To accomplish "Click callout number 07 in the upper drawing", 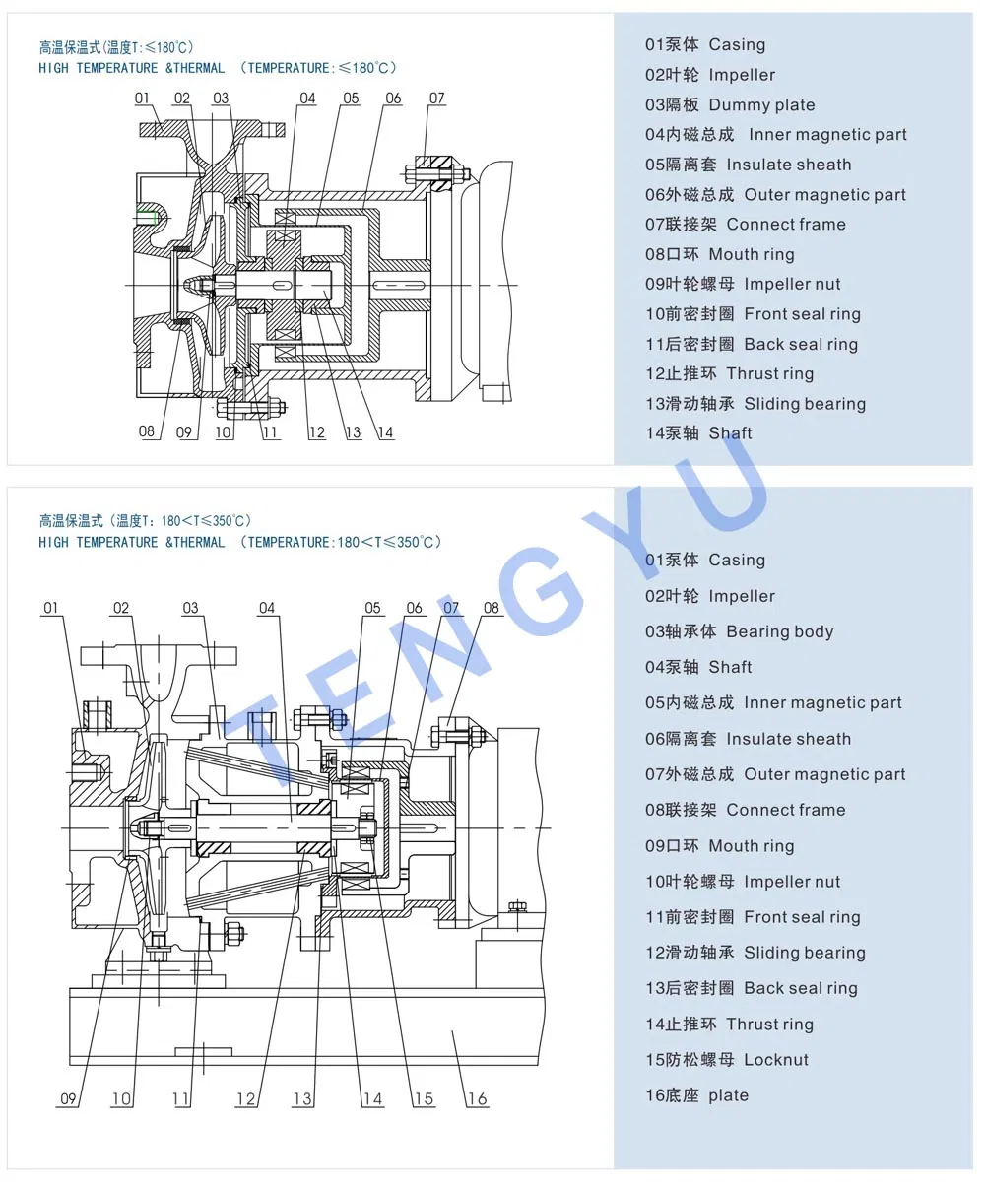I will tap(436, 99).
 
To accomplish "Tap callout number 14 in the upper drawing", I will tap(385, 432).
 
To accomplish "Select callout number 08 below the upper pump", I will tap(147, 431).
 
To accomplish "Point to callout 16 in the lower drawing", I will tap(477, 1098).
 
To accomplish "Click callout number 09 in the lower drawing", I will tap(68, 1098).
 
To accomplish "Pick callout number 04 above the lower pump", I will tap(267, 608).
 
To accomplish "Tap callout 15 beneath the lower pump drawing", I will tap(423, 1098).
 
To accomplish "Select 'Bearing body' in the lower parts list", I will tap(779, 631).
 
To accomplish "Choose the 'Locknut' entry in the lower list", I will tap(775, 1060).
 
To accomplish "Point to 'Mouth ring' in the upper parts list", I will tap(751, 254).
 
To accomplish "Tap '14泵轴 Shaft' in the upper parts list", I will tap(698, 433).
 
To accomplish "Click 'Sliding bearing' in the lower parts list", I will tap(804, 953).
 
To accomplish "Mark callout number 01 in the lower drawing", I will tap(51, 608).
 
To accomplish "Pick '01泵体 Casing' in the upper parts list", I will tap(704, 45).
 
